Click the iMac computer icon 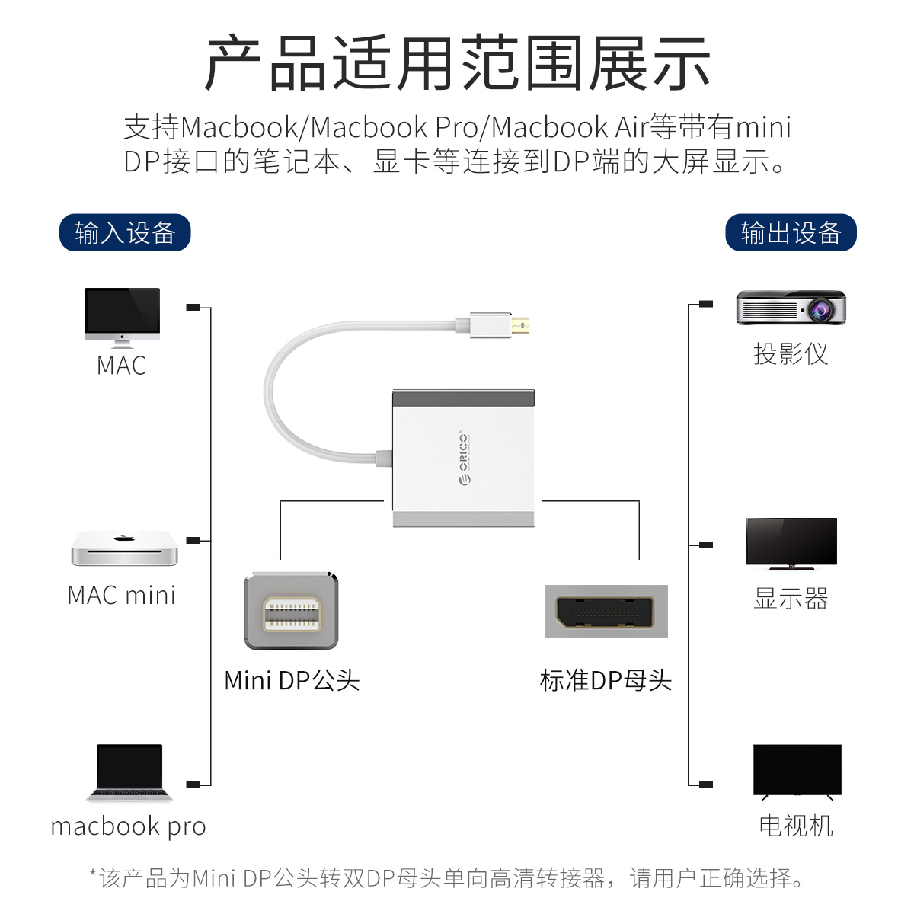tap(122, 316)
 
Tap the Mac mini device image tap(124, 548)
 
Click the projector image tap(791, 308)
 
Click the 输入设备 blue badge tap(125, 232)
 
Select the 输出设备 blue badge tap(791, 232)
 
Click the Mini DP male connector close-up tap(291, 611)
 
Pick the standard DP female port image tap(606, 611)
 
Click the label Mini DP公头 tap(292, 680)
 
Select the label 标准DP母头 tap(606, 680)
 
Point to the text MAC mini tap(122, 595)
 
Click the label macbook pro tap(128, 826)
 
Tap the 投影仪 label tap(791, 353)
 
